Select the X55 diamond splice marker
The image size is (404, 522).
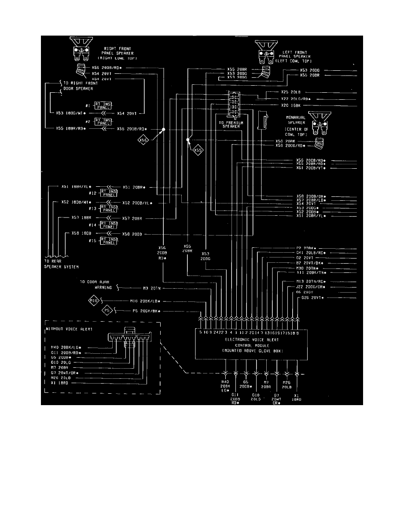click(x=198, y=150)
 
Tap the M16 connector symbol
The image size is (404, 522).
click(x=94, y=301)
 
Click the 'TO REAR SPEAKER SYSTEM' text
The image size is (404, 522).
click(x=59, y=264)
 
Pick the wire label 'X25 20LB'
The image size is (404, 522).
click(x=290, y=92)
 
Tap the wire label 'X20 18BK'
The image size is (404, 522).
click(x=290, y=105)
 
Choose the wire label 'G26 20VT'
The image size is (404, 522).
click(x=312, y=298)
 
